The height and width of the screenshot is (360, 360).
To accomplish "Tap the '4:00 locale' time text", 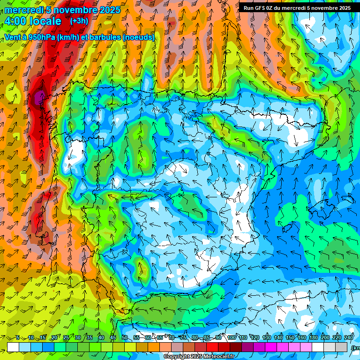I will point(33,21).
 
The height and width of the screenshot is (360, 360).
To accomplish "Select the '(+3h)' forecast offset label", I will point(79,21).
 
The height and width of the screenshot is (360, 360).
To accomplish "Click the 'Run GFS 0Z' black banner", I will point(297,7).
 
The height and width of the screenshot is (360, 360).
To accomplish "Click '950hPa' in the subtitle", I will point(41,37).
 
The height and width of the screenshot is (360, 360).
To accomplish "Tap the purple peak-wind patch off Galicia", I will point(39,97).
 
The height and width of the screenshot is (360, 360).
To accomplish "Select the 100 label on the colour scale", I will point(232,337).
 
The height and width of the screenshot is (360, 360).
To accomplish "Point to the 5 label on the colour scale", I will point(17,337).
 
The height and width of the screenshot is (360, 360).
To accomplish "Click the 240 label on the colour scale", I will point(349,337).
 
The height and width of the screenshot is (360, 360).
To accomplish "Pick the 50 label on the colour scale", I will point(125,337).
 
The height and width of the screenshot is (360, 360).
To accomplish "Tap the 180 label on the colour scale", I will point(314,337).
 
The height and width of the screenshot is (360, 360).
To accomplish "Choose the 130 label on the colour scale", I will point(267,337).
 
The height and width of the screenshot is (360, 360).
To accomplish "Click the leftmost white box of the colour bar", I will point(13,347).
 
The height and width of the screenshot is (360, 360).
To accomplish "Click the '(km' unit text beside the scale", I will point(356,348).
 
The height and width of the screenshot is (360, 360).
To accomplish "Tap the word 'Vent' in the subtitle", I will point(13,37).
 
